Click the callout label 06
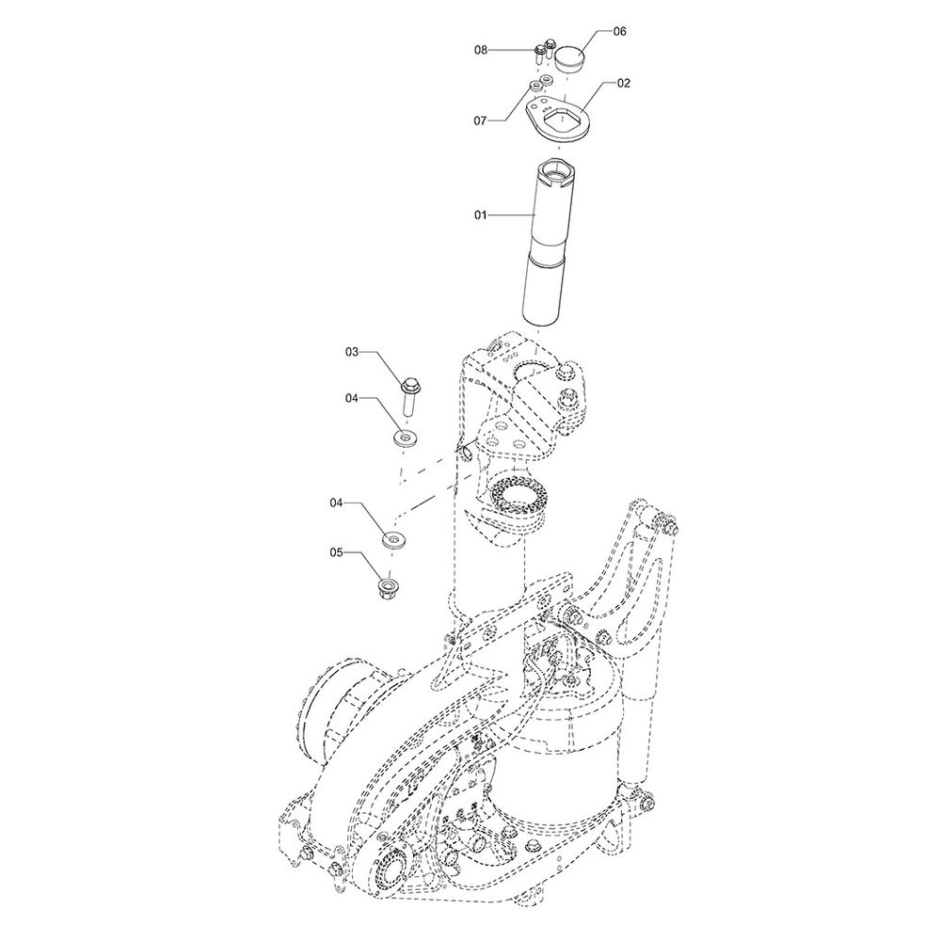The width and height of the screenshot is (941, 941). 619,31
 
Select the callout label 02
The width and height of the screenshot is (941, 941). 624,84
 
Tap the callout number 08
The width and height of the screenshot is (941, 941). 481,51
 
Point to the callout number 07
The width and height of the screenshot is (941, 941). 480,121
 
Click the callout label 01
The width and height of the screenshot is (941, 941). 481,215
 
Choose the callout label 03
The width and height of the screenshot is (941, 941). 351,352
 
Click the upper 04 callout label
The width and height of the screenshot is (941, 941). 352,398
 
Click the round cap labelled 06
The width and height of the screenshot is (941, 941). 569,60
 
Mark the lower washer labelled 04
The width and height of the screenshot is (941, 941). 393,539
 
